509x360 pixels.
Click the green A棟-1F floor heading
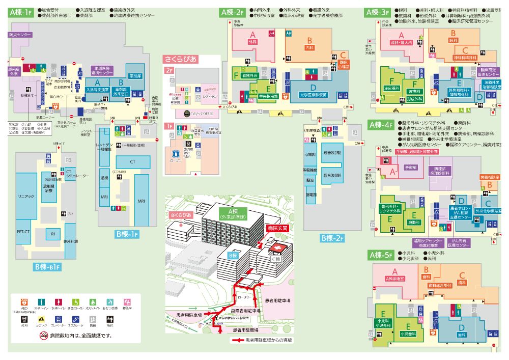click(21, 12)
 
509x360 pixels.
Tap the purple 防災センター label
click(20, 35)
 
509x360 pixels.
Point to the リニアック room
click(25, 196)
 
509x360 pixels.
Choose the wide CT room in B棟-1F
click(132, 161)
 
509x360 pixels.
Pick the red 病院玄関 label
click(277, 229)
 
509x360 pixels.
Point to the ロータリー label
click(245, 297)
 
